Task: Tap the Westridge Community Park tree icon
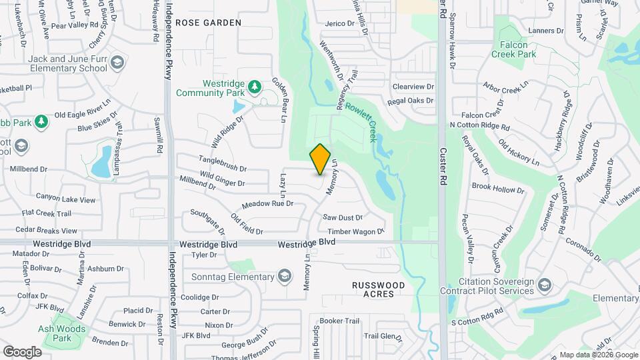click(253, 87)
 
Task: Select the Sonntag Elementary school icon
click(285, 277)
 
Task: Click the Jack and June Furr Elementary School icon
click(117, 63)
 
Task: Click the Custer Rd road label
click(442, 167)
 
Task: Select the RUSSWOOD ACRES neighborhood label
click(378, 289)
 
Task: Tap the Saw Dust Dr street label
click(343, 217)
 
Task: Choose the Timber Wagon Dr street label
click(355, 232)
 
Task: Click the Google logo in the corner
click(22, 351)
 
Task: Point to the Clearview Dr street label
click(413, 87)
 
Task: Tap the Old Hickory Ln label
click(519, 155)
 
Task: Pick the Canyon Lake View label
click(65, 199)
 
